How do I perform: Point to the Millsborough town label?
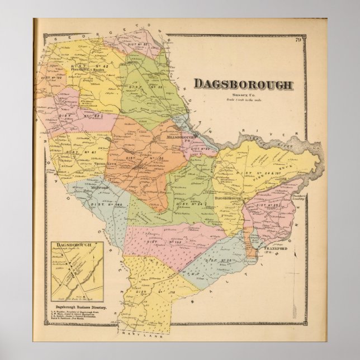coord(176,137)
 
